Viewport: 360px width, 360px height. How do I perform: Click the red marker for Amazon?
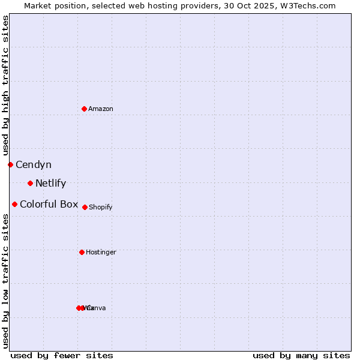[84, 109]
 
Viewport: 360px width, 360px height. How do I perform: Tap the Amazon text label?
[101, 109]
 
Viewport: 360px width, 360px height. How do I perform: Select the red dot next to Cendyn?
[10, 164]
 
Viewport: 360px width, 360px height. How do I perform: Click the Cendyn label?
[34, 165]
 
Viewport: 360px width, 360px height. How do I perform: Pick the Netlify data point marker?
[30, 183]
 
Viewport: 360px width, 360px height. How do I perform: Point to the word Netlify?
[50, 184]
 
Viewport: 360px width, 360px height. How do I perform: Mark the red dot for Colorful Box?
[14, 204]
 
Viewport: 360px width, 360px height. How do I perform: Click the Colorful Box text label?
[49, 205]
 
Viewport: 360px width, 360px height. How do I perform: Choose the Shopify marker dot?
[85, 207]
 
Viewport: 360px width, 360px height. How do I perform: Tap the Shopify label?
[101, 208]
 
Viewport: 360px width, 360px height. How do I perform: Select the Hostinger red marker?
[82, 252]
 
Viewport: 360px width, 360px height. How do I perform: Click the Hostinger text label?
[101, 253]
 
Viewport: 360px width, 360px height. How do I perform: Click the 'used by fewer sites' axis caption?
[62, 355]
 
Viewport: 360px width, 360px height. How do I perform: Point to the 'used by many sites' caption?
[301, 355]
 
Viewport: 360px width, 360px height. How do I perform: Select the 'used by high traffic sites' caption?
[5, 85]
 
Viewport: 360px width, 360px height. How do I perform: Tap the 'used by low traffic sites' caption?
[5, 281]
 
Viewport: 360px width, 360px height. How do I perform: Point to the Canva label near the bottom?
[97, 308]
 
